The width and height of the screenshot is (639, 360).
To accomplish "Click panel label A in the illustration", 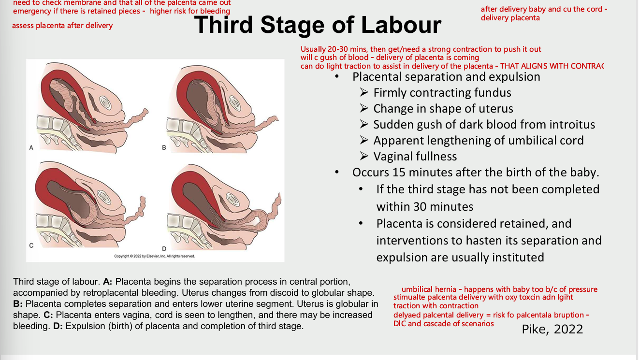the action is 31,148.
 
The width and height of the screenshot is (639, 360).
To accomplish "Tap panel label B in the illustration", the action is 164,148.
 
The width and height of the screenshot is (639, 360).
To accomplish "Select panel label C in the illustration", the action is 31,245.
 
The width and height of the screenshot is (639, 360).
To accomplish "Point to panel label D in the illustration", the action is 164,248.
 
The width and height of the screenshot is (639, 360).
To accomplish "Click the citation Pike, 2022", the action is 552,329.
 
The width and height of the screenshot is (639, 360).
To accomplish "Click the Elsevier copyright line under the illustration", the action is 154,256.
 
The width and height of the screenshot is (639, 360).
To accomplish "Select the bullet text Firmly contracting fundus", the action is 442,93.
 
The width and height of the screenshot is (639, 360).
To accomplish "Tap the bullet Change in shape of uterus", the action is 443,109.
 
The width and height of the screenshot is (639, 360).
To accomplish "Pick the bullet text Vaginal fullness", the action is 415,157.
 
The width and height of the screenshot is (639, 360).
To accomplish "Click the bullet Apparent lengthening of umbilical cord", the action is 478,141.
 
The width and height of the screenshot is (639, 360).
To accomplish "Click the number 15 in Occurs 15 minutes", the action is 399,173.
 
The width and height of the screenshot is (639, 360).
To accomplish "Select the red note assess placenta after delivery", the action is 62,26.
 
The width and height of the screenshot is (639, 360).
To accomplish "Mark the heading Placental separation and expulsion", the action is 446,77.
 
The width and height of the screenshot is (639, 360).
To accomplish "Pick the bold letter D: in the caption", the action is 58,326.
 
